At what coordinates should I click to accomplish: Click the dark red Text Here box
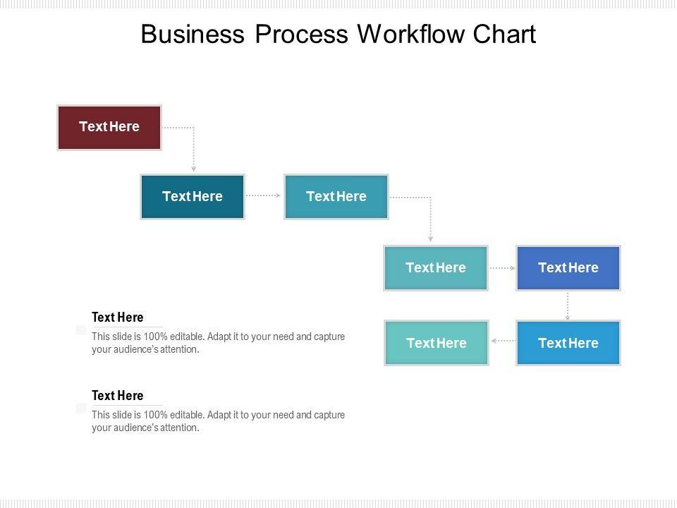(x=109, y=127)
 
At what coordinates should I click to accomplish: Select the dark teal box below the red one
(x=193, y=197)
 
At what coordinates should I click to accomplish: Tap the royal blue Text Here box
(x=568, y=268)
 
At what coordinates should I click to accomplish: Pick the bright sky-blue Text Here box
(x=568, y=343)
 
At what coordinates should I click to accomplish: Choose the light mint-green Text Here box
(x=436, y=343)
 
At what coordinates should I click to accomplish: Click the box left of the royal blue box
(x=436, y=268)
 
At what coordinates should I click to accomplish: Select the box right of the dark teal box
(x=336, y=197)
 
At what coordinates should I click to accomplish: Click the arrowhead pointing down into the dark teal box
(x=194, y=169)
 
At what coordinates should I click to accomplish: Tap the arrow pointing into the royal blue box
(x=502, y=268)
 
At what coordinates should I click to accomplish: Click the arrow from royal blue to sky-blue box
(x=568, y=306)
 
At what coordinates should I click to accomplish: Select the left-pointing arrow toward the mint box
(x=502, y=341)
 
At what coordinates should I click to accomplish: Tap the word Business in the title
(x=190, y=35)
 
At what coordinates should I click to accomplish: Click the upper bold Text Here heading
(x=117, y=317)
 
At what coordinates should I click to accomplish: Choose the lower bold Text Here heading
(x=117, y=396)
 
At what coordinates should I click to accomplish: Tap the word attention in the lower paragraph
(x=181, y=428)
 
